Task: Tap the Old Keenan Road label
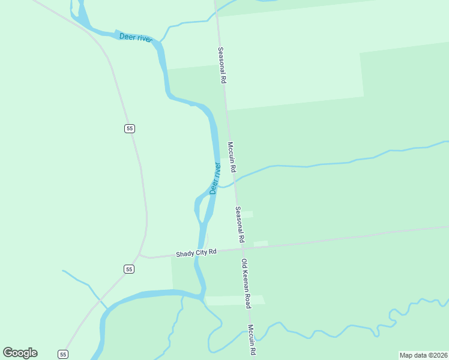pos(246,283)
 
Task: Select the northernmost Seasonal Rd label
pos(221,65)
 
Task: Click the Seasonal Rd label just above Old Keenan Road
pos(240,224)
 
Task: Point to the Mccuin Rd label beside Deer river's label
pos(232,157)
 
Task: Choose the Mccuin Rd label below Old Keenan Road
pos(253,341)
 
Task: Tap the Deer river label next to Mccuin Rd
pos(215,178)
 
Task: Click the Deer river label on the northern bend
pos(136,38)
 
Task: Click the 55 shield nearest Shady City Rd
pos(129,269)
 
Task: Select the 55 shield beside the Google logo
pos(63,354)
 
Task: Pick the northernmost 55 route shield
pos(130,128)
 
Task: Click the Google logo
pos(20,353)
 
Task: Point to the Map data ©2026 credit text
pos(424,355)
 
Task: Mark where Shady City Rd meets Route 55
pos(139,256)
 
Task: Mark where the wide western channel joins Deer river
pos(202,295)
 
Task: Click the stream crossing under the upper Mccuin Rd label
pos(235,175)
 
